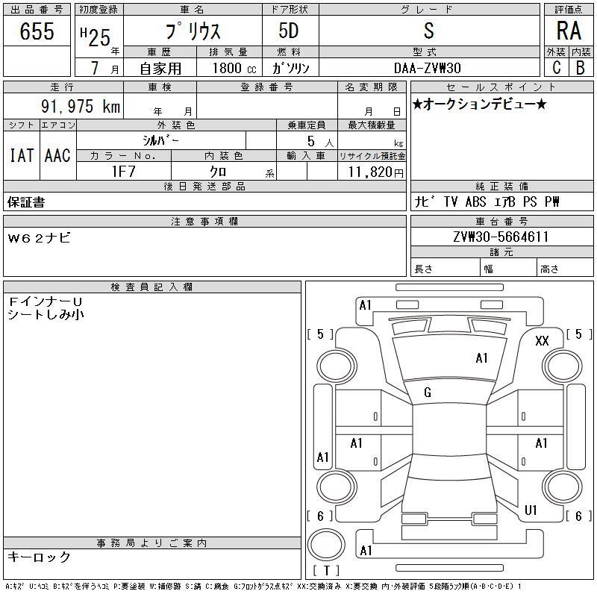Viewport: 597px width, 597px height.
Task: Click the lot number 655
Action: (x=37, y=31)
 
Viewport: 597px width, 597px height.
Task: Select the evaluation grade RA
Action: (x=569, y=31)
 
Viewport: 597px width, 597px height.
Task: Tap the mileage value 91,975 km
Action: (x=81, y=106)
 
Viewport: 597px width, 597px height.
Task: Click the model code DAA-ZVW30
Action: (x=427, y=68)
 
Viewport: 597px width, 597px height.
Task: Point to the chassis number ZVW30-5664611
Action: (x=501, y=237)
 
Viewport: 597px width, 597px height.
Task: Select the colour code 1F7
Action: (x=124, y=172)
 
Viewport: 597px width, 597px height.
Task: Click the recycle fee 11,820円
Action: (x=376, y=172)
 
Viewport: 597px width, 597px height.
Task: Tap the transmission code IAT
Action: (x=22, y=155)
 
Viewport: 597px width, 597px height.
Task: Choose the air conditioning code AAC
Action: (x=57, y=155)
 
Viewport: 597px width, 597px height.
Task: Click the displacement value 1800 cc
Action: (x=234, y=68)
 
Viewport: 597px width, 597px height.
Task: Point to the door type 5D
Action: (x=289, y=31)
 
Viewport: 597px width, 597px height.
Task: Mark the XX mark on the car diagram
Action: (x=542, y=340)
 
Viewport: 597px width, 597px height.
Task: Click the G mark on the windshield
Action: (x=428, y=393)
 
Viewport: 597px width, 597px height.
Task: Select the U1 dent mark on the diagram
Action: (x=531, y=510)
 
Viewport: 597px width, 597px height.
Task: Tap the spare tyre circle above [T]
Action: (x=326, y=545)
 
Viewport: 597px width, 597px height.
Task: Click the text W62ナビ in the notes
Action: (x=40, y=238)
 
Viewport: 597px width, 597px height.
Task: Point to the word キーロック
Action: (x=40, y=557)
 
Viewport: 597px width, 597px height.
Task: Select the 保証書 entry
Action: (x=26, y=202)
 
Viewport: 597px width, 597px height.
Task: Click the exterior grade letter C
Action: (x=557, y=67)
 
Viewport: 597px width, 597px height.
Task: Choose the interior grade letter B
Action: (x=581, y=67)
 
